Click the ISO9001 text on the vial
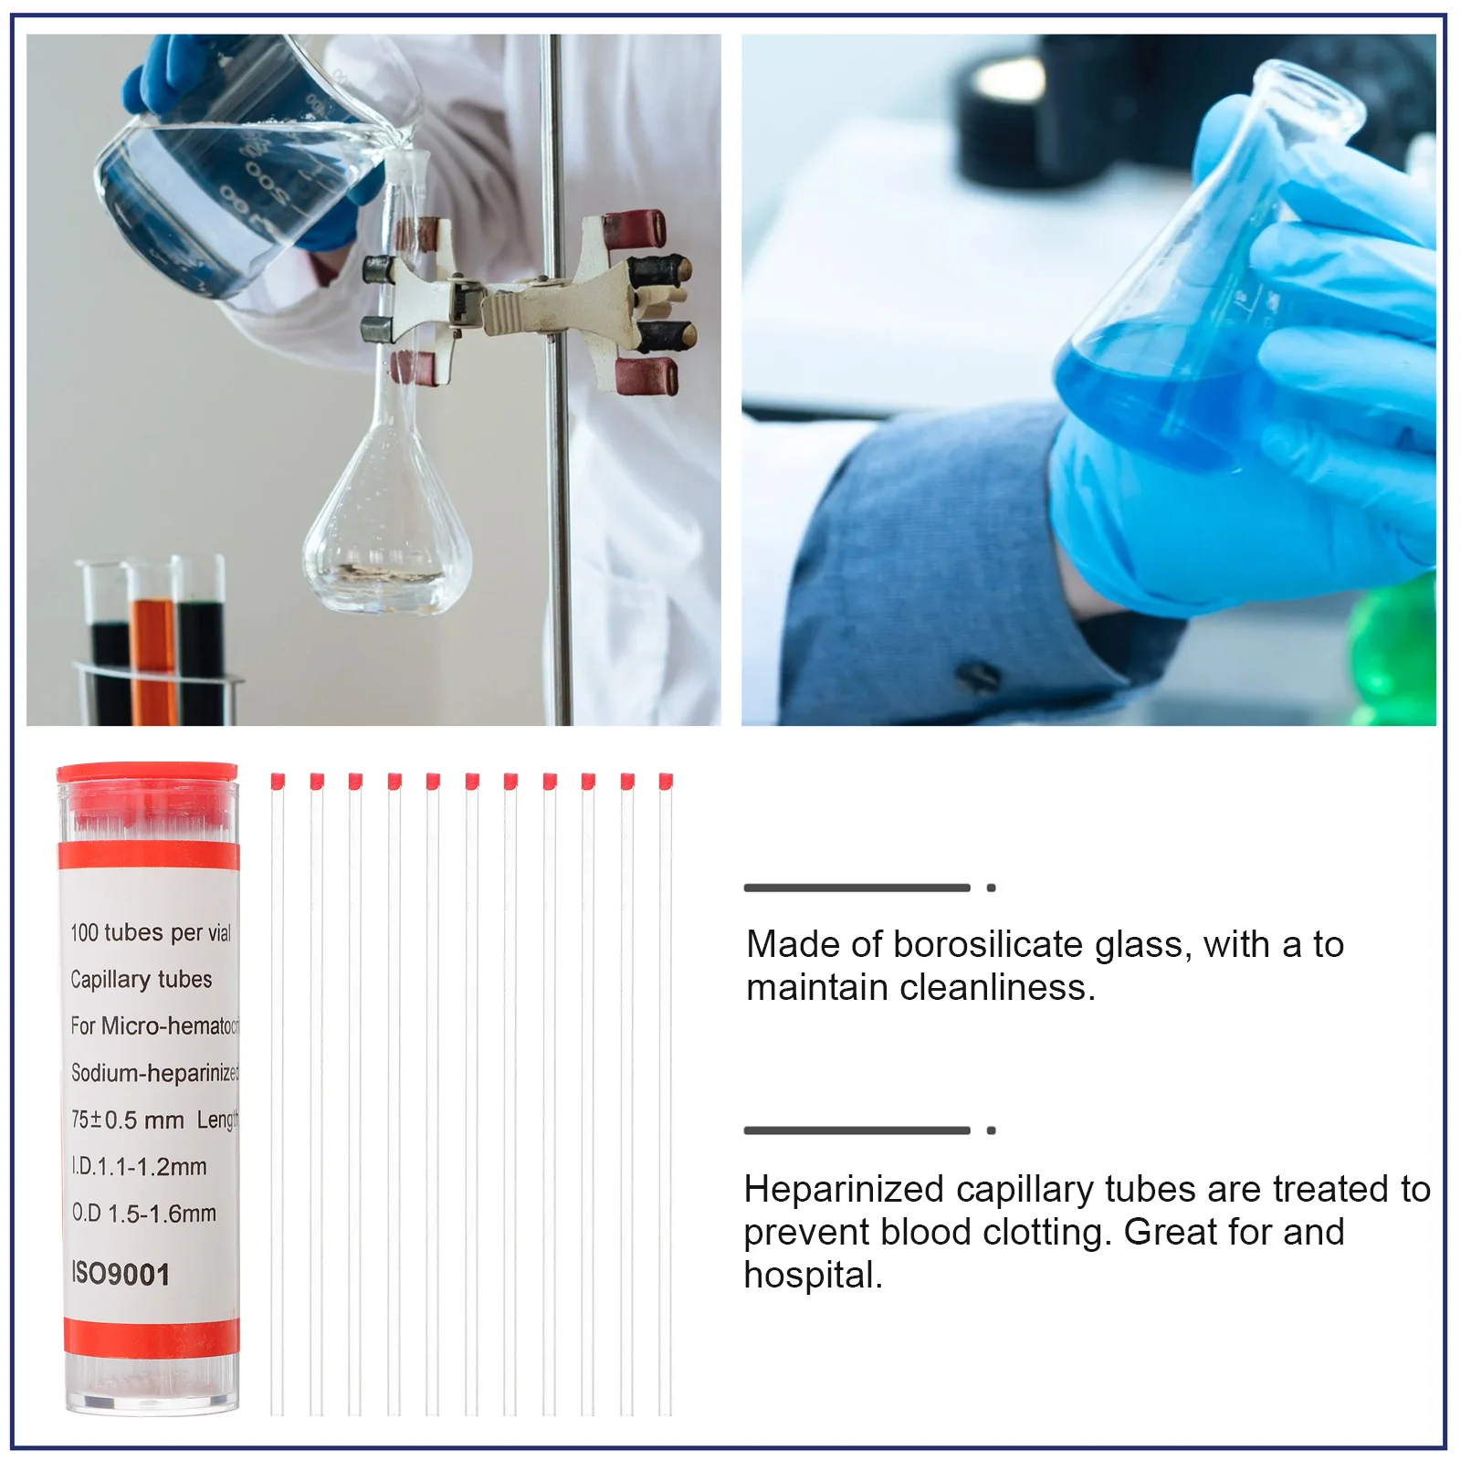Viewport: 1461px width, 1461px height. (121, 1274)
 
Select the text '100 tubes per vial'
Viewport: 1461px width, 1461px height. (151, 932)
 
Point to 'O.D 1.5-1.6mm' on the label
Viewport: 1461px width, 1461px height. (144, 1214)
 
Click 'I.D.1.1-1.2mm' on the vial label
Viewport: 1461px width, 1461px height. (140, 1166)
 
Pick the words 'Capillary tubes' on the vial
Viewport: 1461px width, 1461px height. (142, 979)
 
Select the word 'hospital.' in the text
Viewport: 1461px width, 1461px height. (813, 1275)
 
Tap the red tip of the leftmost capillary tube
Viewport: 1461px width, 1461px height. (278, 781)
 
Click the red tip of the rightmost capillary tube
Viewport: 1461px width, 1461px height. (666, 781)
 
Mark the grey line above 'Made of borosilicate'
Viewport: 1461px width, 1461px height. (857, 888)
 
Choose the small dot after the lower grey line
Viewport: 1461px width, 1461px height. (991, 1130)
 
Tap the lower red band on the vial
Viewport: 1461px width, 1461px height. (152, 1336)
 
